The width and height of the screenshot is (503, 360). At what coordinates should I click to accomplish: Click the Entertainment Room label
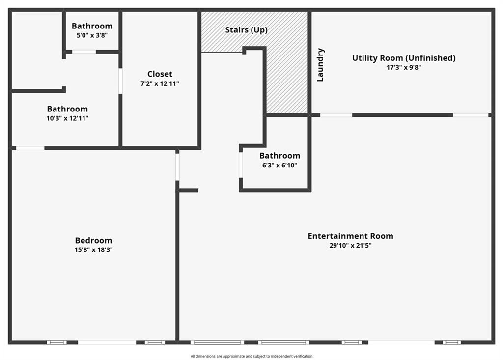tap(350, 236)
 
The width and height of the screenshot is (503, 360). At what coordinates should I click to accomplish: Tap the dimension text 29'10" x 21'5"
tap(350, 246)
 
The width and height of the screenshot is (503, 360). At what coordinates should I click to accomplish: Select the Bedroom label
tap(93, 240)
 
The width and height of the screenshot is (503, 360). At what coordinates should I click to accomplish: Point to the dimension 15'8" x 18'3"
tap(93, 249)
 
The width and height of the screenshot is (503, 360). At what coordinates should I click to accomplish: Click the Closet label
tap(160, 74)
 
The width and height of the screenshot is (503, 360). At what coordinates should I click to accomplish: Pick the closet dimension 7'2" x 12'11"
tap(160, 83)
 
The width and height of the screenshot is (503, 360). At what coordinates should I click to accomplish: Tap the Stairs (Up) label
tap(246, 30)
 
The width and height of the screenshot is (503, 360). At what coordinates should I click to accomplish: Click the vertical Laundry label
tap(320, 64)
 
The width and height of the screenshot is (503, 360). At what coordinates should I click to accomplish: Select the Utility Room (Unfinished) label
tap(403, 58)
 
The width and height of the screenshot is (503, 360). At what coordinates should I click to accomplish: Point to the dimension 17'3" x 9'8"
tap(403, 68)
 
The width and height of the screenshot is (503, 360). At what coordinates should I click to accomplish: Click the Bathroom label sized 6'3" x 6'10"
tap(279, 156)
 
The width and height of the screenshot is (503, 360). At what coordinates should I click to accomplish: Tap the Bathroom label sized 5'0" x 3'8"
tap(92, 26)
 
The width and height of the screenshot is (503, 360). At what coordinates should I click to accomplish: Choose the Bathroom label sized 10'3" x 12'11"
tap(67, 109)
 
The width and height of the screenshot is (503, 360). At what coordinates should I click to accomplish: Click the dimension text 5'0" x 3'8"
tap(92, 35)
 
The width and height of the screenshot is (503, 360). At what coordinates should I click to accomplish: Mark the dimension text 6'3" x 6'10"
tap(279, 165)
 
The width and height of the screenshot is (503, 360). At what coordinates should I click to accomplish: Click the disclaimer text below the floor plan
tap(251, 356)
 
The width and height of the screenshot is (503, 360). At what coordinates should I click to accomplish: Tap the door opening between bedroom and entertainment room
tap(177, 166)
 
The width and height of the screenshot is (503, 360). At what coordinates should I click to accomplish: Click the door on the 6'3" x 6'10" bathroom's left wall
tap(241, 165)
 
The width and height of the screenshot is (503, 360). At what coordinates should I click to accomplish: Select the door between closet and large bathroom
tap(120, 81)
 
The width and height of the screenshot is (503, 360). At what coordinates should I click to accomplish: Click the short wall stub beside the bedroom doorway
tap(189, 190)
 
